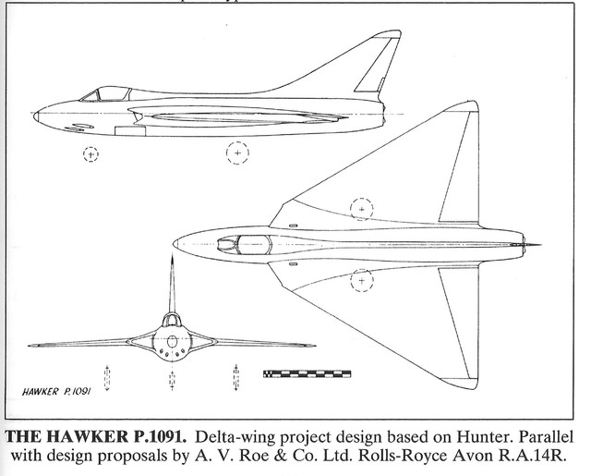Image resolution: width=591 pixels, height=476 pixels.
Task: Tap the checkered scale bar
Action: pyautogui.click(x=307, y=374)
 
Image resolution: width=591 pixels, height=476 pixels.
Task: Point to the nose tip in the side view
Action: pyautogui.click(x=35, y=116)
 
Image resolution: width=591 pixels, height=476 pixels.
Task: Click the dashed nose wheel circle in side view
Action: pyautogui.click(x=90, y=154)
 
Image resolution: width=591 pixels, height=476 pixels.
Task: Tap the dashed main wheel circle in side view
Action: pyautogui.click(x=238, y=151)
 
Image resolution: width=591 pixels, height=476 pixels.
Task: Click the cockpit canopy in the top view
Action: pyautogui.click(x=251, y=244)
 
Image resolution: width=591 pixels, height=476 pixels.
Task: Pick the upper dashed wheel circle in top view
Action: pyautogui.click(x=362, y=207)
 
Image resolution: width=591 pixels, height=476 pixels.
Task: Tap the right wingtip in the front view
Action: pyautogui.click(x=312, y=346)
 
